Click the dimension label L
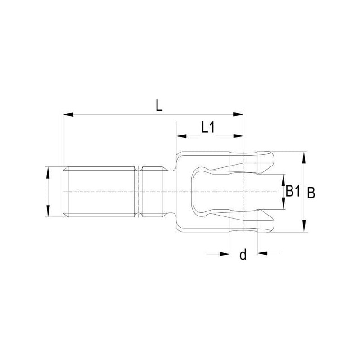159,106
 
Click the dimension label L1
208,127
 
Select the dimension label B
311,193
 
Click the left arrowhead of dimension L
68,114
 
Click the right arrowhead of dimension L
238,114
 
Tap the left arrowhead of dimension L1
181,136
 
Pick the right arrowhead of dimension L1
238,136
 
